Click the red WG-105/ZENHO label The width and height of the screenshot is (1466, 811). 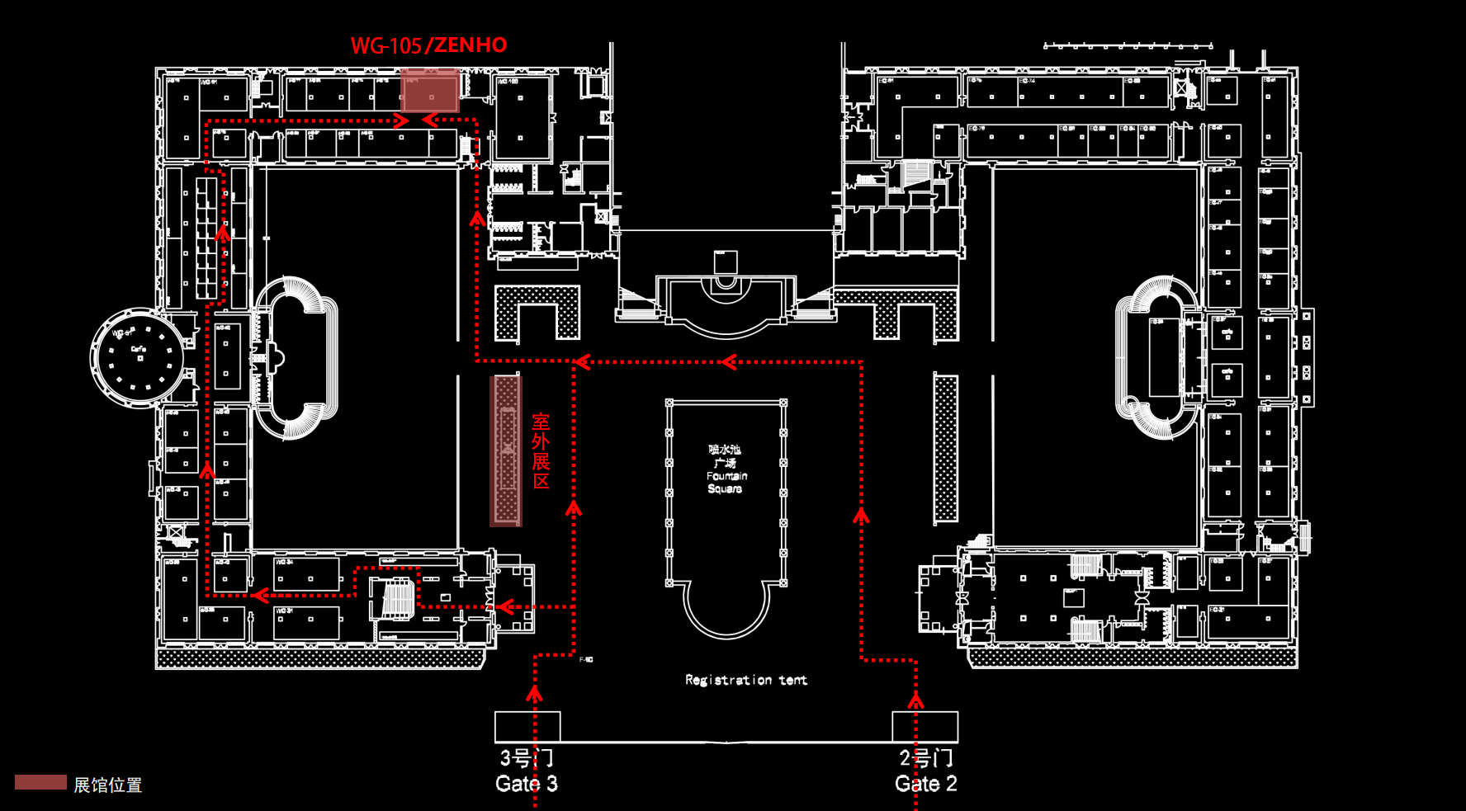[428, 45]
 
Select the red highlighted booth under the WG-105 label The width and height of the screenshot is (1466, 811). [429, 91]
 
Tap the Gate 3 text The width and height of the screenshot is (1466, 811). [526, 783]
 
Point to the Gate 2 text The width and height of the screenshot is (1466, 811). [925, 783]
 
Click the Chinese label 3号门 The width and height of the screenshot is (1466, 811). [526, 757]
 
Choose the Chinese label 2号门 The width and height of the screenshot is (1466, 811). [925, 757]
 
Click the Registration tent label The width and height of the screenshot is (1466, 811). [746, 680]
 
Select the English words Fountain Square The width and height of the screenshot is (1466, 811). [726, 483]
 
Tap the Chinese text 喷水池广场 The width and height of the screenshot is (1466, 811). [725, 456]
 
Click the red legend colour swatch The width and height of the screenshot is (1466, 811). [40, 782]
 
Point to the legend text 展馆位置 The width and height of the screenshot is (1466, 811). [108, 785]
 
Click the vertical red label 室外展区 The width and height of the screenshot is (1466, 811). [541, 450]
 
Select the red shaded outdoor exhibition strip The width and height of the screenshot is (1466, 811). [506, 450]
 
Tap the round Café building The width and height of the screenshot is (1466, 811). [139, 358]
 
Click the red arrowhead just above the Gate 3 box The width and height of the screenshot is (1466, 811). [535, 694]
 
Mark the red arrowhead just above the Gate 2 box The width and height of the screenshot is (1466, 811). [915, 700]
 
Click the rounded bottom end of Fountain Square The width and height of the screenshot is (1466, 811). [726, 615]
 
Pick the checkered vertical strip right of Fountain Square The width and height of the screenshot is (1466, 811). [946, 448]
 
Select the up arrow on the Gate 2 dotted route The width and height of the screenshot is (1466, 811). [861, 516]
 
